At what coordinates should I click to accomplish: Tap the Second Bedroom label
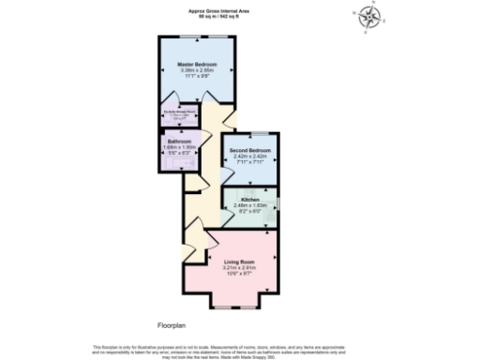pyautogui.click(x=250, y=150)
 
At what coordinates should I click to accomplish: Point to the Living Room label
pyautogui.click(x=240, y=262)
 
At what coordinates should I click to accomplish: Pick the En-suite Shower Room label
pyautogui.click(x=178, y=112)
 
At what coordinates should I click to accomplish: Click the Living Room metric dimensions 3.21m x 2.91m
pyautogui.click(x=240, y=267)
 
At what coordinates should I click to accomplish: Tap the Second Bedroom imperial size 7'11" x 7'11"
pyautogui.click(x=250, y=161)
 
